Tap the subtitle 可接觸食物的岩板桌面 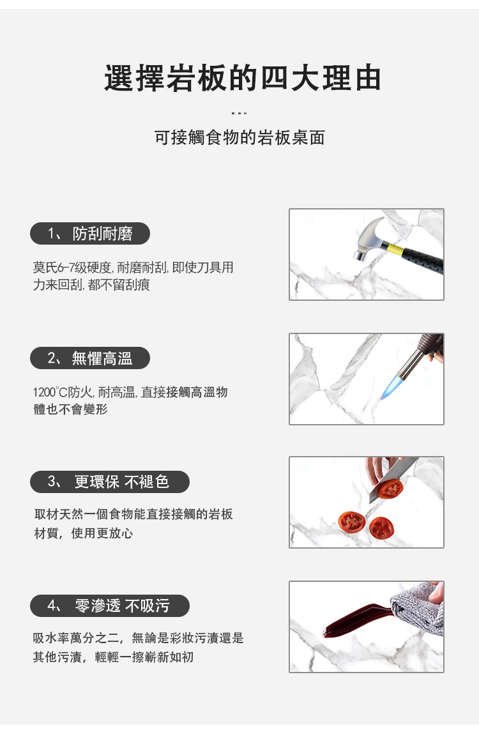click(x=240, y=137)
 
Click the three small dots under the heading click(x=239, y=113)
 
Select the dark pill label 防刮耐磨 click(x=90, y=234)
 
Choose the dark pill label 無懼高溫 click(x=90, y=358)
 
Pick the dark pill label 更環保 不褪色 click(x=109, y=482)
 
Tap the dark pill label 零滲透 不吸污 click(x=109, y=605)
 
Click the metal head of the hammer click(x=372, y=238)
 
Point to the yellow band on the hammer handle click(x=396, y=250)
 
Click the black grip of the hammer click(x=423, y=260)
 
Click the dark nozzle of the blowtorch click(x=418, y=355)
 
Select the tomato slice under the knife click(x=390, y=489)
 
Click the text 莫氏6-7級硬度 click(x=72, y=268)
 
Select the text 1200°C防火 click(x=63, y=392)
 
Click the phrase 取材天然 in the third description click(x=59, y=514)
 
